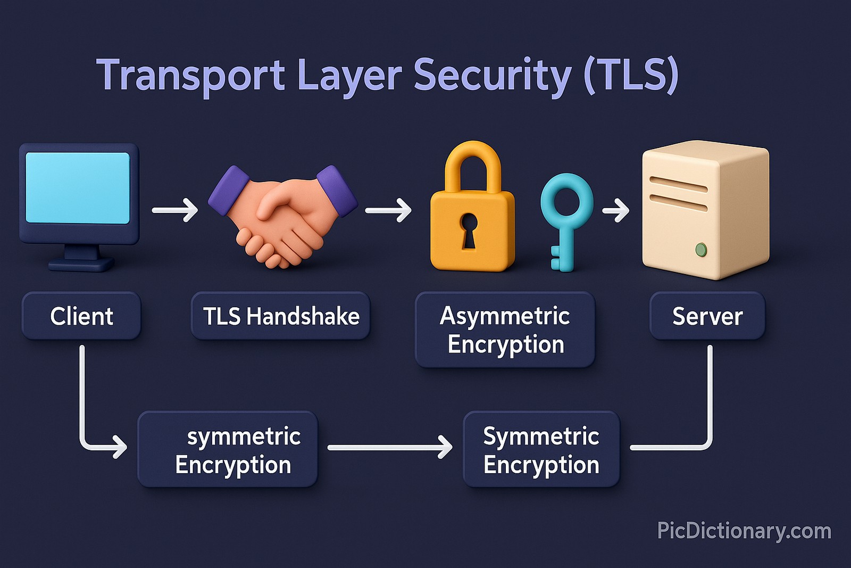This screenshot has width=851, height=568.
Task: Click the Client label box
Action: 81,316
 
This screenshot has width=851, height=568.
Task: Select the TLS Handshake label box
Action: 280,316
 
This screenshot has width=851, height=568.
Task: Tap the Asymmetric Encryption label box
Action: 505,330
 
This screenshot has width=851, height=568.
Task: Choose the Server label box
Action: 707,316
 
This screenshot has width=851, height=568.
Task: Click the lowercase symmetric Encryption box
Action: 228,450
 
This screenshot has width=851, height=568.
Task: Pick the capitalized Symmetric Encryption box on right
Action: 541,450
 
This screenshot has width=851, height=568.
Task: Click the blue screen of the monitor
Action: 78,187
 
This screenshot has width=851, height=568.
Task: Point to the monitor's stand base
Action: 81,264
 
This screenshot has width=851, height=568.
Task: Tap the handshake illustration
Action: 282,216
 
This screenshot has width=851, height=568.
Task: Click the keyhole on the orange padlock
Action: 469,231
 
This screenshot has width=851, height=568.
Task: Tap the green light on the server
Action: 701,249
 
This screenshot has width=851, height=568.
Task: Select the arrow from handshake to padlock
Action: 388,210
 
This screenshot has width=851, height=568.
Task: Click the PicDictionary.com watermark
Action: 744,531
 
